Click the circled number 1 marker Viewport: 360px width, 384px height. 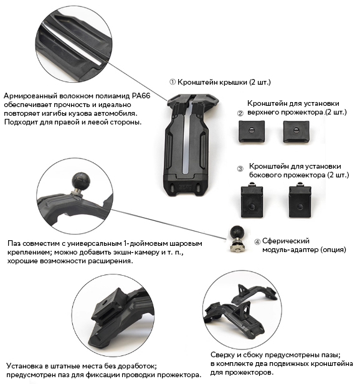173,82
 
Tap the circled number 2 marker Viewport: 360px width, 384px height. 240,113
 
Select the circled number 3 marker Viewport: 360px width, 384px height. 240,169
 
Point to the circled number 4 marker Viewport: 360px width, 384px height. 257,242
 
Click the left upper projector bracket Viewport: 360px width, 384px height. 252,131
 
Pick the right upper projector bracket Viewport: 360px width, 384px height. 296,131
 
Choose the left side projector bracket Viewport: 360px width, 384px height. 252,200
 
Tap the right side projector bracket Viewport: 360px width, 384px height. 300,200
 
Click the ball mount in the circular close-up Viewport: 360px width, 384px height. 80,181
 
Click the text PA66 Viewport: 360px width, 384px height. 141,95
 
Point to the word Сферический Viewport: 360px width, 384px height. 286,241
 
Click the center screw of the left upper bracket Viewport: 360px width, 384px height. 251,130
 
